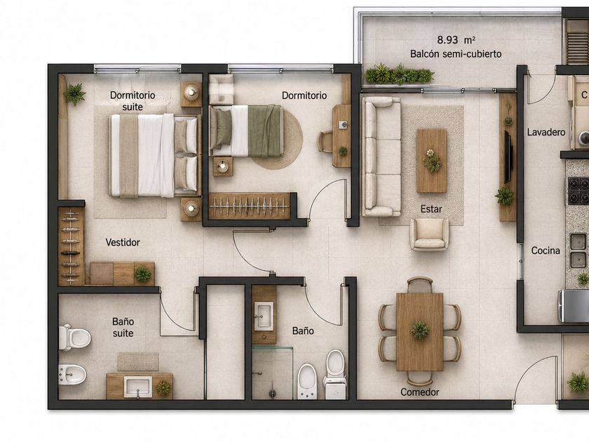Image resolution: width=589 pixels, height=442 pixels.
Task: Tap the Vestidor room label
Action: pos(123,243)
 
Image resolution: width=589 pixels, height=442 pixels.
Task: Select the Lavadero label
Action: pos(546,133)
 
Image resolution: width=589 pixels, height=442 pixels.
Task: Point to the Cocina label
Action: pos(546,250)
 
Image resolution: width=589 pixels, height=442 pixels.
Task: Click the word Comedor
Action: pos(419,392)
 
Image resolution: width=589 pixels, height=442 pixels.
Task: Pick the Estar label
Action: pos(431,209)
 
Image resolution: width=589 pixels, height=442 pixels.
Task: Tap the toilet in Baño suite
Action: pos(75,338)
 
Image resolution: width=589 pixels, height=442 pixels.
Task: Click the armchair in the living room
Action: pos(429,234)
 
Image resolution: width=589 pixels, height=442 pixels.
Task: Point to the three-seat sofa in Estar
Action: pos(381,156)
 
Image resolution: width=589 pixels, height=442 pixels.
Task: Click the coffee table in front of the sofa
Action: pos(432,161)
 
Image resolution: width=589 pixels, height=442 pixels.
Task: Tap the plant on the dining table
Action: pos(420,330)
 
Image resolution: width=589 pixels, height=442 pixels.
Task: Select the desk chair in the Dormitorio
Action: pos(325,142)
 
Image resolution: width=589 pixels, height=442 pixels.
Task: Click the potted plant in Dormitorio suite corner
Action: pos(75,93)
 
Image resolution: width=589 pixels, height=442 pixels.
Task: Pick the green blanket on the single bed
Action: pos(265,130)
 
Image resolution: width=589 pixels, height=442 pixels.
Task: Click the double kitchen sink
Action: pos(578,250)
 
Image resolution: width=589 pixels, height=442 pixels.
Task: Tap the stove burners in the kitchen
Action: pos(578,190)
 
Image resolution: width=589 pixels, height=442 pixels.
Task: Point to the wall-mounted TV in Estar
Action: pos(508,156)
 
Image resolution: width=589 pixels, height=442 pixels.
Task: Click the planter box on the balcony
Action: pos(399,75)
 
